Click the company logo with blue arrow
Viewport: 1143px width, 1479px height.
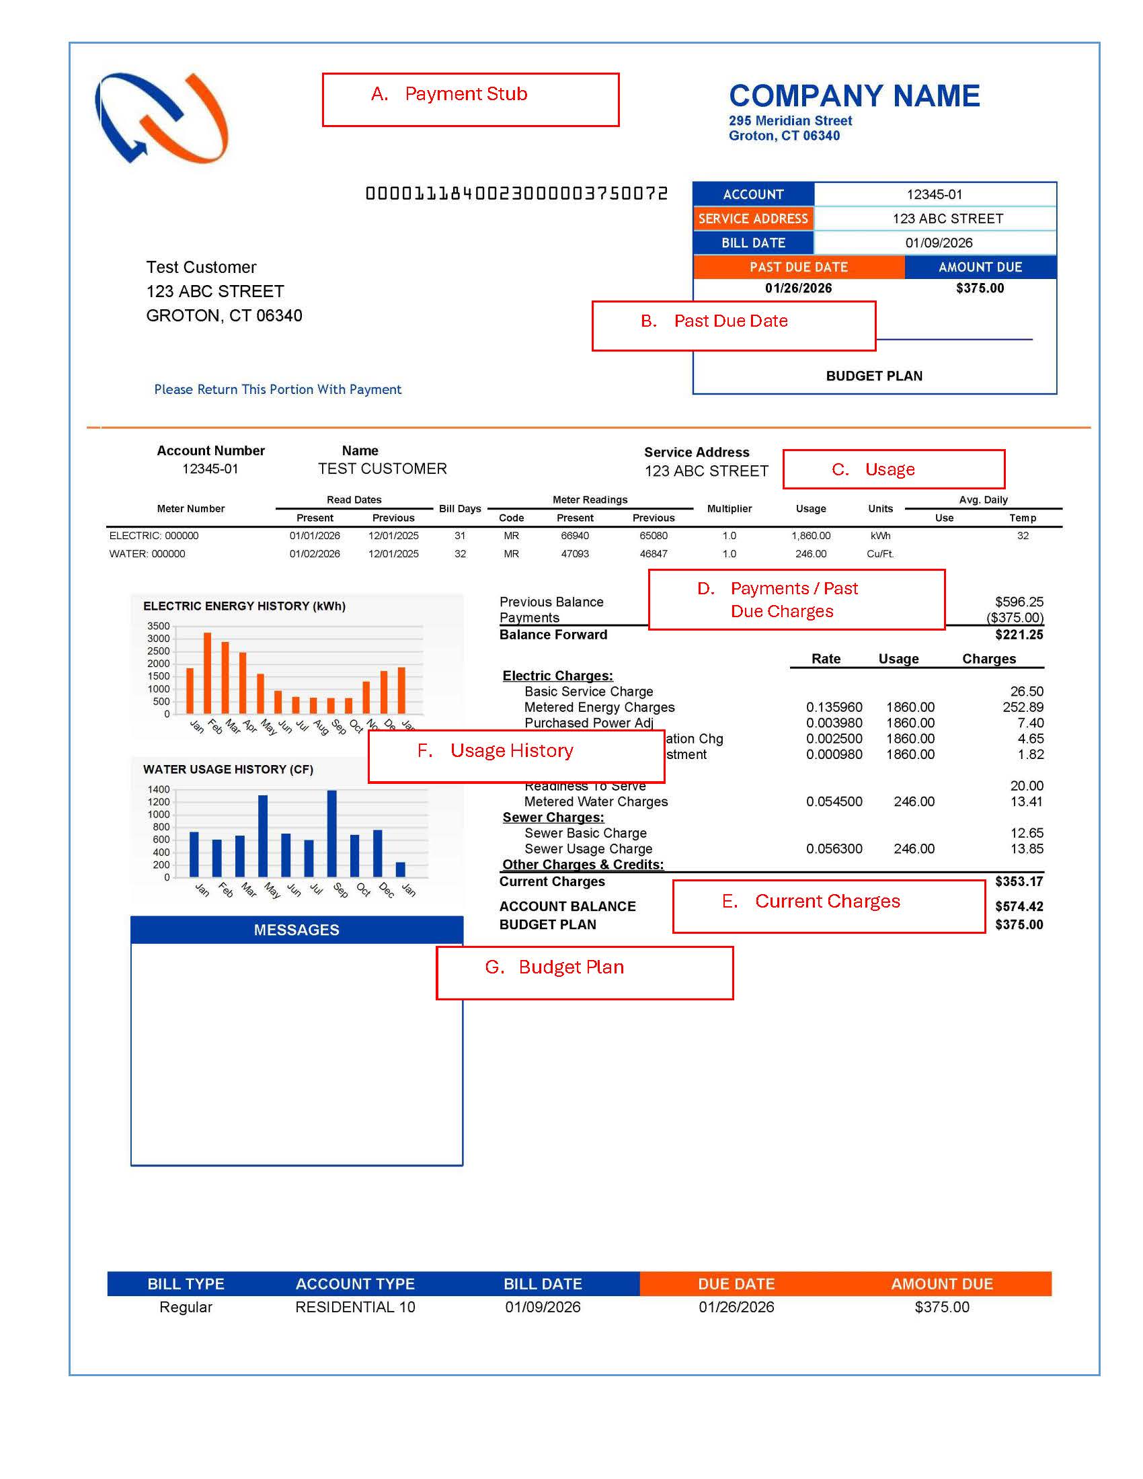[161, 118]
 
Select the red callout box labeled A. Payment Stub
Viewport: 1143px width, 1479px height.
[470, 99]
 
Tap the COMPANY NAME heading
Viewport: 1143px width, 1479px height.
[854, 96]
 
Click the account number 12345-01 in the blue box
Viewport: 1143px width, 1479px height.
[934, 194]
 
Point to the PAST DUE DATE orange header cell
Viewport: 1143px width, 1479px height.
[798, 267]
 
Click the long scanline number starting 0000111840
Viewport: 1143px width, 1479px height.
[516, 194]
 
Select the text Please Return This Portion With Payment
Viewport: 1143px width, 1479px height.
[278, 389]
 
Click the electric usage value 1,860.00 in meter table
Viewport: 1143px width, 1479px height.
[811, 536]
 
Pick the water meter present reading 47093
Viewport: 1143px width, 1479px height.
[574, 554]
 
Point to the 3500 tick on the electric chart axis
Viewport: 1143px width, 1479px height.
[159, 626]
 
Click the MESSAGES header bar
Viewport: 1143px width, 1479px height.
[297, 930]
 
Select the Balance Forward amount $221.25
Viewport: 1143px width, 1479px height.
[1019, 635]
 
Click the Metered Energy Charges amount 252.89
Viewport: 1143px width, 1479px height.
[1023, 707]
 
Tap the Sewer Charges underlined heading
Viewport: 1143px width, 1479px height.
[553, 817]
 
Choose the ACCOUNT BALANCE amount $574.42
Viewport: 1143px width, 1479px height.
[1019, 906]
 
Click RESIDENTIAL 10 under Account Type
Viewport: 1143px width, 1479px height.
[355, 1307]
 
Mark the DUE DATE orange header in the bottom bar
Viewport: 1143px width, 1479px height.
[736, 1284]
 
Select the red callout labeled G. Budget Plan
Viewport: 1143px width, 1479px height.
[584, 973]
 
